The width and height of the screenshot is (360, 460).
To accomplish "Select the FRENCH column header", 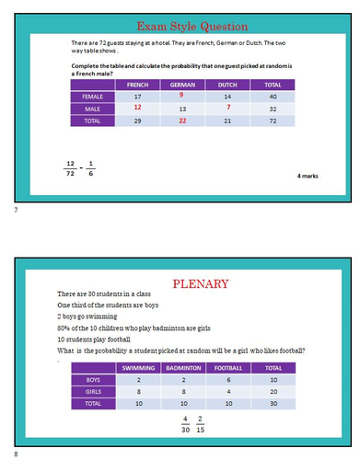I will point(137,85).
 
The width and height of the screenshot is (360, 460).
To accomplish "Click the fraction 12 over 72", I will point(70,170).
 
